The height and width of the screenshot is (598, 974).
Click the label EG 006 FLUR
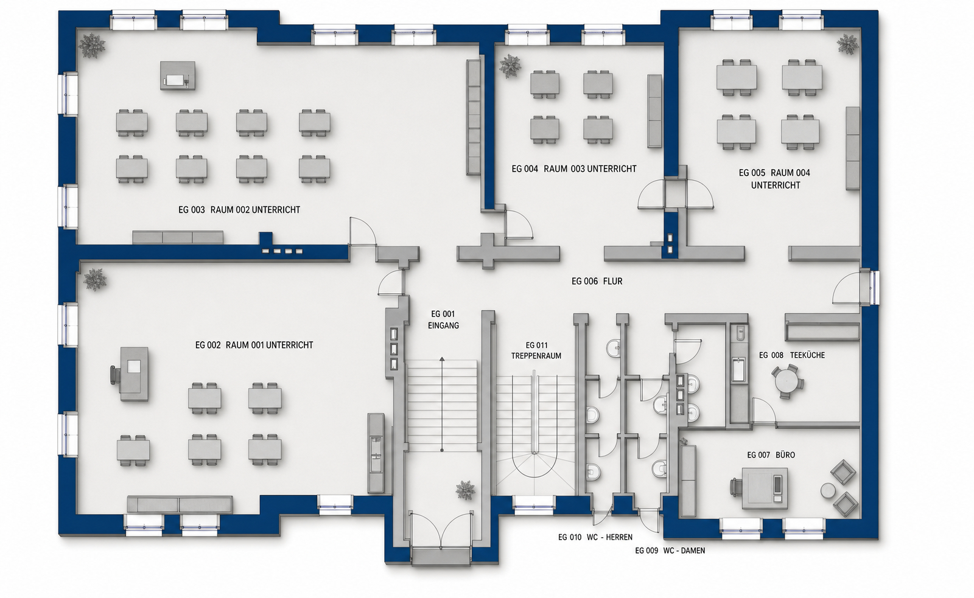click(597, 282)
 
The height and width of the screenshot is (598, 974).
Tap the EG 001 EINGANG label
click(443, 319)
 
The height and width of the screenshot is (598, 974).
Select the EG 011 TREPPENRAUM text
click(536, 351)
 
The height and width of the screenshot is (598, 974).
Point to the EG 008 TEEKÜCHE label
click(792, 355)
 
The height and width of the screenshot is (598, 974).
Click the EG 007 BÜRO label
click(771, 455)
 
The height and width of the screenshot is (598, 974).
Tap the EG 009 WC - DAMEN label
click(670, 551)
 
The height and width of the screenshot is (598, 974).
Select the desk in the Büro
click(765, 488)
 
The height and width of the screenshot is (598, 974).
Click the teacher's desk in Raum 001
click(134, 374)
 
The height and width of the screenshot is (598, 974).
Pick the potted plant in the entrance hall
click(465, 490)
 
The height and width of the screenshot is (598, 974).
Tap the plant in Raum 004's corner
click(847, 45)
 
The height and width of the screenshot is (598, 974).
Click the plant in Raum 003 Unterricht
click(510, 66)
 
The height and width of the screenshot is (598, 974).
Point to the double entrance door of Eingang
click(441, 531)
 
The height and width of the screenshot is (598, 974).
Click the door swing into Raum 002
click(363, 231)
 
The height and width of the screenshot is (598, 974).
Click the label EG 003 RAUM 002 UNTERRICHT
click(239, 210)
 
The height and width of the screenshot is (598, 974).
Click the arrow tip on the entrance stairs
click(442, 358)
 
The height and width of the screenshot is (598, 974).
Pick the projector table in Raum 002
click(177, 75)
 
